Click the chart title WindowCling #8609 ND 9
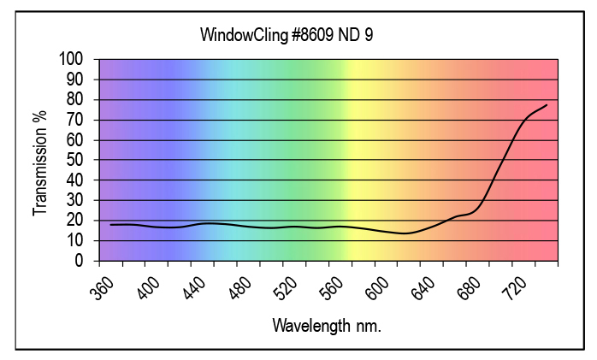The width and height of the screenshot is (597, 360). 287,36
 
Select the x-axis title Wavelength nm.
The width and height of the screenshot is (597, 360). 326,326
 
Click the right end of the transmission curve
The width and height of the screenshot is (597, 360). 546,105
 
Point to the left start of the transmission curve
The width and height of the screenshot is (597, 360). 110,225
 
